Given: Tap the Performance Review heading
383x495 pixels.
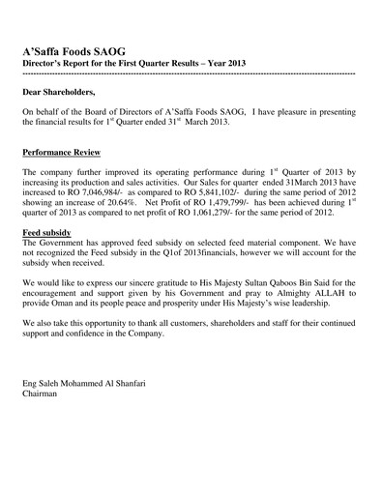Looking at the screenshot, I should tap(66, 153).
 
